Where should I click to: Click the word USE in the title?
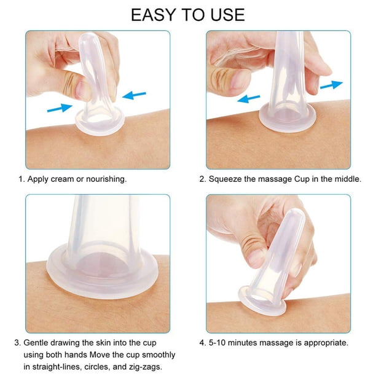pos(227,15)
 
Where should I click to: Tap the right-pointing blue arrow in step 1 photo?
pos(60,108)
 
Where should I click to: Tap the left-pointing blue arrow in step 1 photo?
pos(134,95)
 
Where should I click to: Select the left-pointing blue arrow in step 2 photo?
pos(248,99)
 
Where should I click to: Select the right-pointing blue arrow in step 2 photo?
pos(331,85)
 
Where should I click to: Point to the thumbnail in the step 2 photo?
pos(238,79)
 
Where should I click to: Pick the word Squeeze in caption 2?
pos(225,179)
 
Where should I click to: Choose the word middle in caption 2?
pos(348,179)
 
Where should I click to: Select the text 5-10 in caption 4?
pos(217,343)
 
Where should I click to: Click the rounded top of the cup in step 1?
pos(88,38)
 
